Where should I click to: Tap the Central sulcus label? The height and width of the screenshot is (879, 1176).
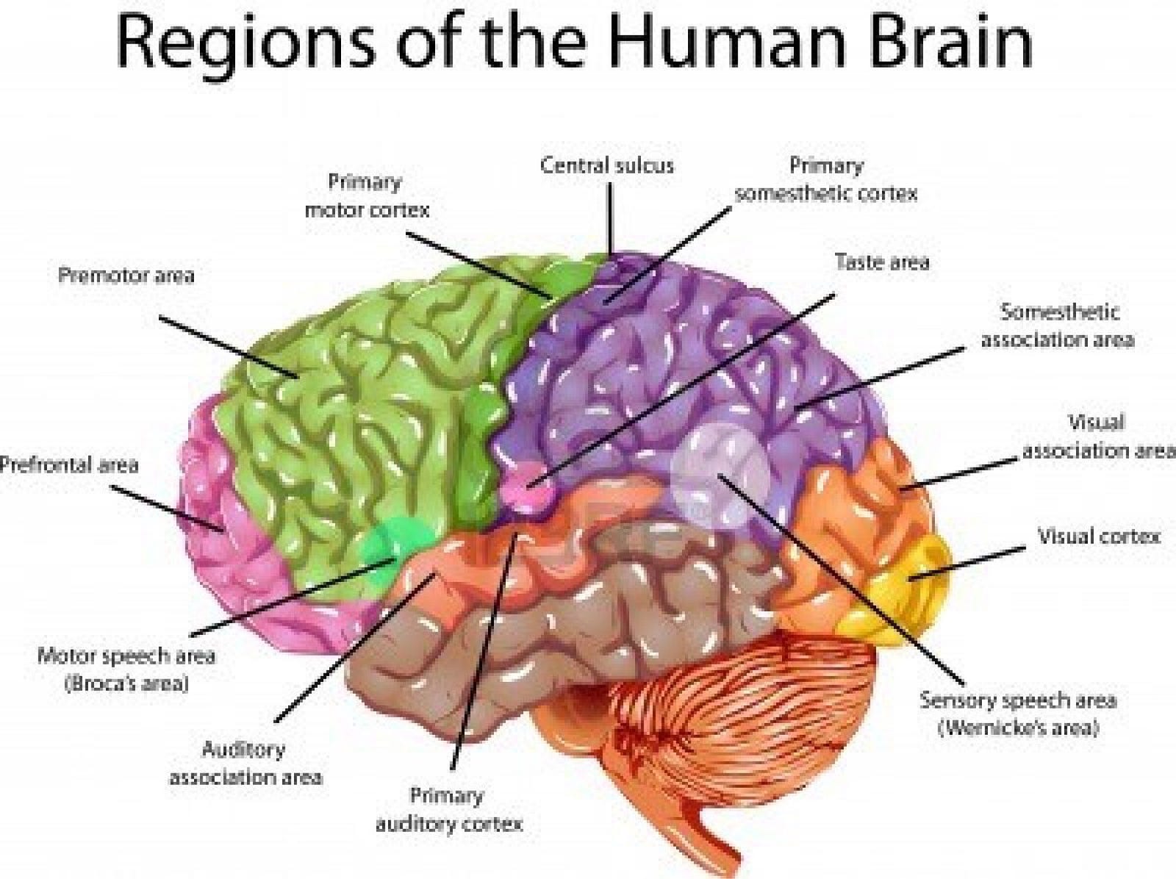coord(607,165)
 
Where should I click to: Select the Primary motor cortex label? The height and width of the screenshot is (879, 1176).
coord(366,195)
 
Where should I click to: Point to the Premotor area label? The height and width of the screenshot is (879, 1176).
coord(126,276)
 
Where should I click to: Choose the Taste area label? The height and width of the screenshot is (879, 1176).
coord(881,262)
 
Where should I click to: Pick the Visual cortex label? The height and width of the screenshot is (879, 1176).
coord(1098,537)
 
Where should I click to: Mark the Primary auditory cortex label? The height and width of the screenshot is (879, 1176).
coord(448,809)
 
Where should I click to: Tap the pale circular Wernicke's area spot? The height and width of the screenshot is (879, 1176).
coord(720,474)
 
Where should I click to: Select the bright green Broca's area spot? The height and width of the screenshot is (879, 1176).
coord(390,548)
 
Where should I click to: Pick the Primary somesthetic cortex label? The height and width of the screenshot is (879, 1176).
coord(826,179)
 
